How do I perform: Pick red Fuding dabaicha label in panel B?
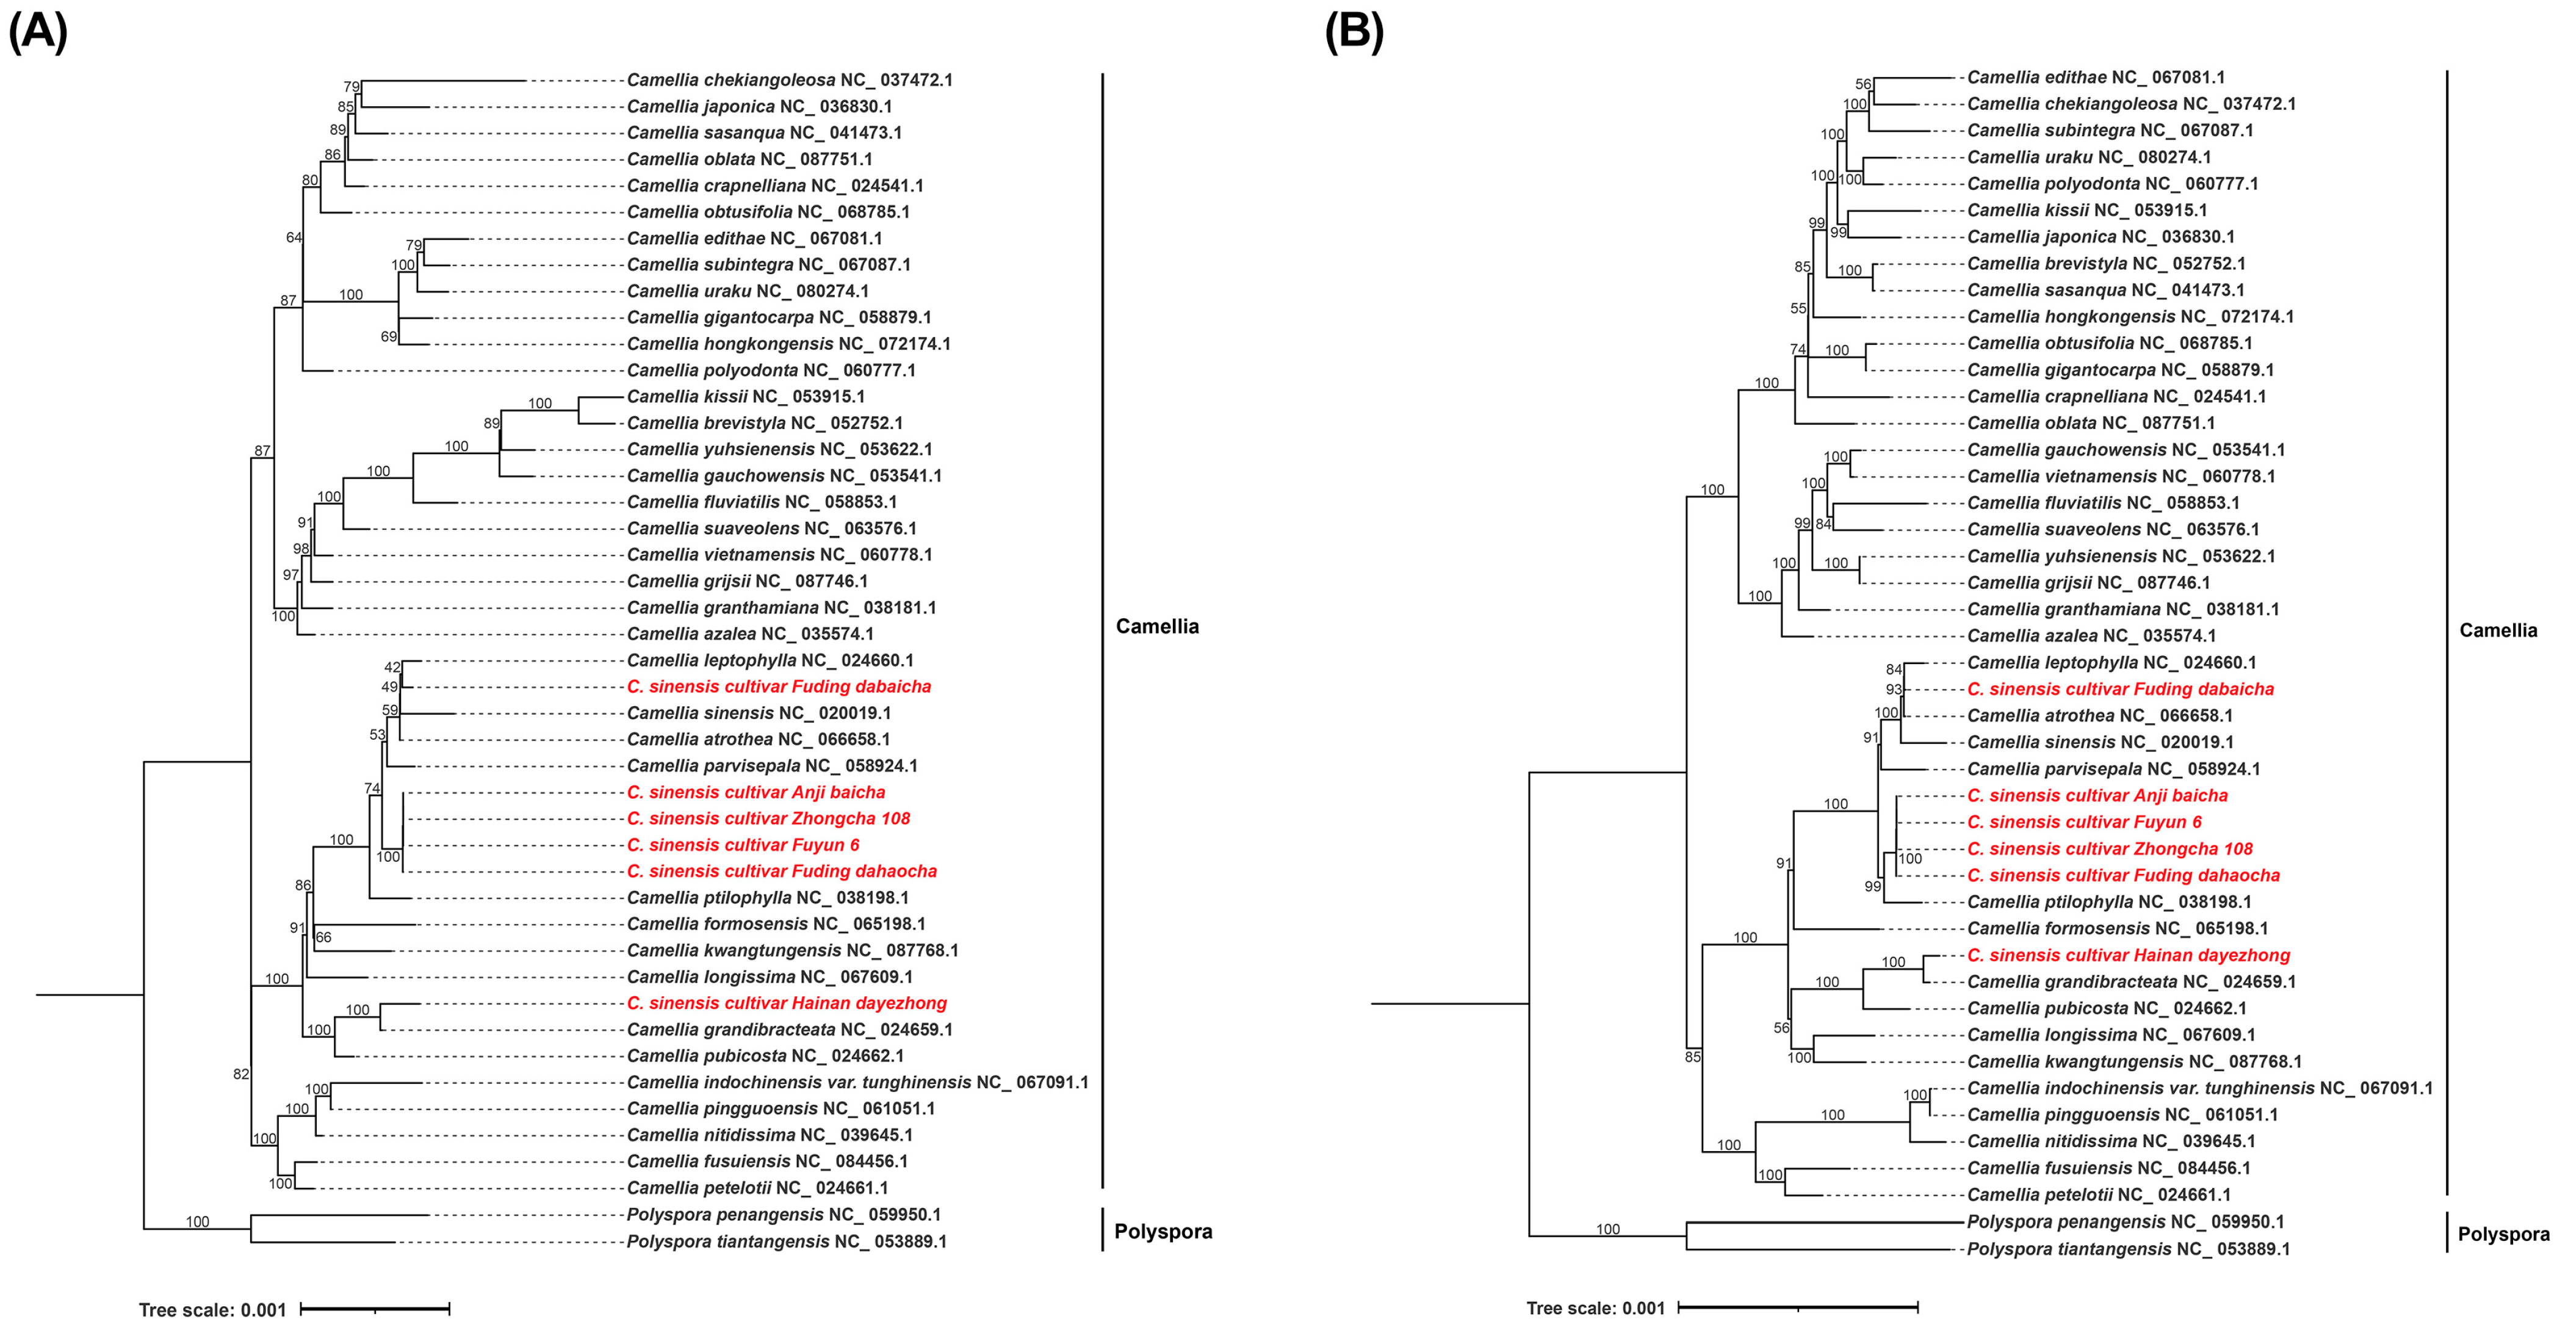click(x=2120, y=689)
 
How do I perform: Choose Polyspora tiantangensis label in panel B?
click(x=2128, y=1249)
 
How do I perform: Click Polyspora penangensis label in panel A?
click(x=783, y=1215)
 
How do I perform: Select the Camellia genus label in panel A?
click(x=1156, y=626)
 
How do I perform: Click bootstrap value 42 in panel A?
click(x=392, y=668)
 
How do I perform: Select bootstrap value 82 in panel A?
click(x=240, y=1074)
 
